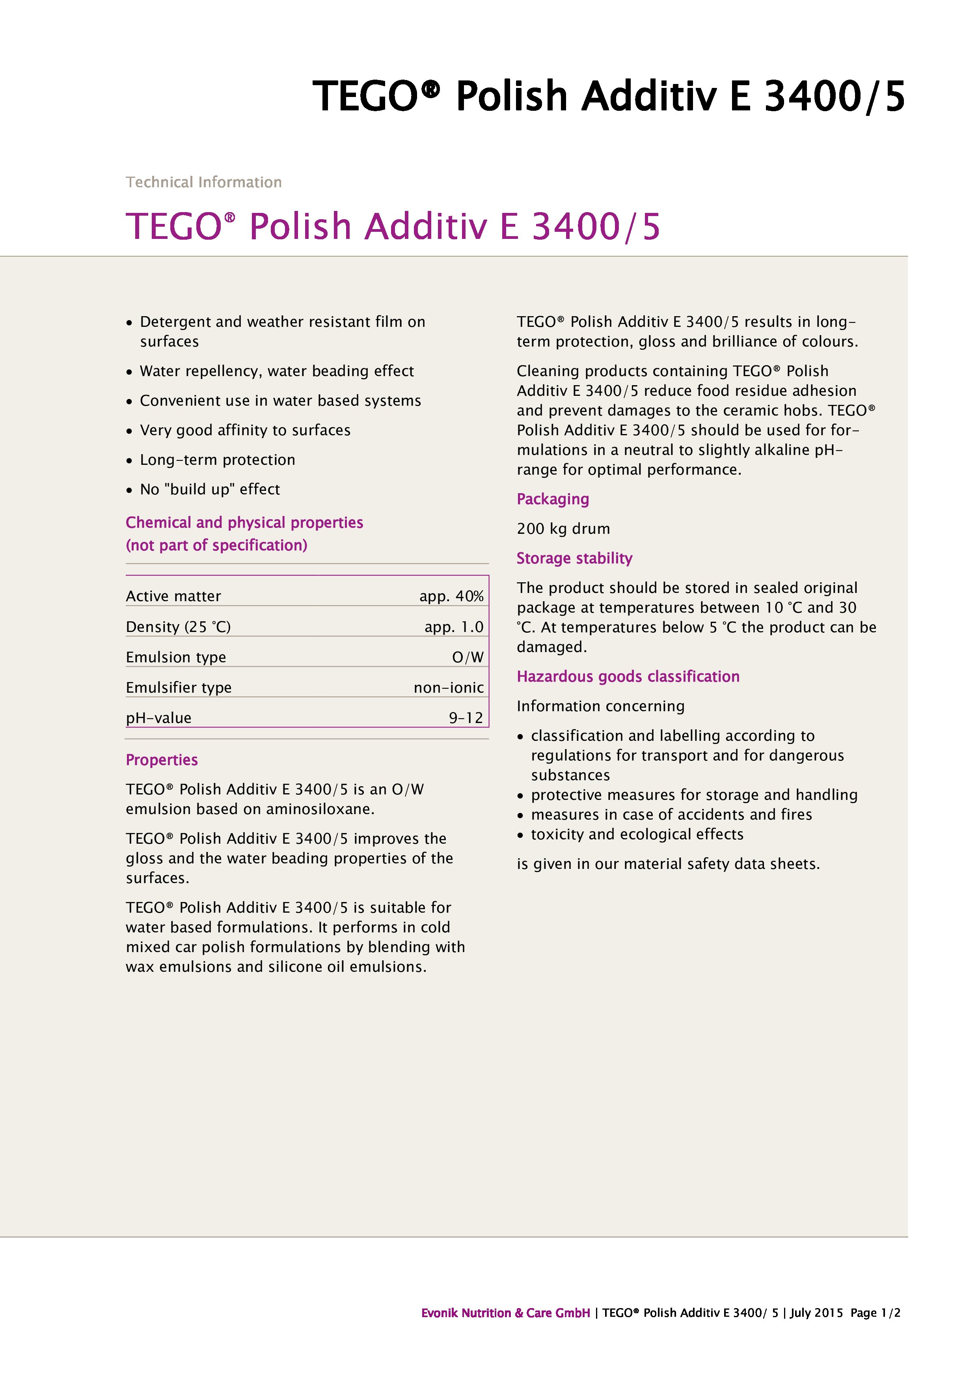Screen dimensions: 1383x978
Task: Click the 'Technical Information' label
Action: coord(203,182)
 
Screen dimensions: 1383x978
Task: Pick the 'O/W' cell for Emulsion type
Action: coord(468,657)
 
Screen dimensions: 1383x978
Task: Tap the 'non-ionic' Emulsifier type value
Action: coord(449,688)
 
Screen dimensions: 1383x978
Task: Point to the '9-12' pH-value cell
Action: coord(466,718)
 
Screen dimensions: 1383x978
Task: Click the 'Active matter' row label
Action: coord(173,596)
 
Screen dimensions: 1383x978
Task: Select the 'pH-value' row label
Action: coord(158,718)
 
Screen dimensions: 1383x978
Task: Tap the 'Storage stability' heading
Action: coord(574,558)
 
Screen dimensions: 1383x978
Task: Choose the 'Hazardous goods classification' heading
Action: coord(628,677)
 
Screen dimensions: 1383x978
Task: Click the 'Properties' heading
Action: coord(161,760)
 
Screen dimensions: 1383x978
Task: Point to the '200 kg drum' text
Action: coord(563,529)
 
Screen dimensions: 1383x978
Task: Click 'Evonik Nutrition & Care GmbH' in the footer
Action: coord(505,1313)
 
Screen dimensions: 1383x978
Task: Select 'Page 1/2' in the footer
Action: coord(875,1313)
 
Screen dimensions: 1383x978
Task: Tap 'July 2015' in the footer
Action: coord(816,1313)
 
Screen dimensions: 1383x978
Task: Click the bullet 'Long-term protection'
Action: coord(218,460)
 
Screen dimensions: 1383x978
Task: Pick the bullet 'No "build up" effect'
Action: coord(210,490)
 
